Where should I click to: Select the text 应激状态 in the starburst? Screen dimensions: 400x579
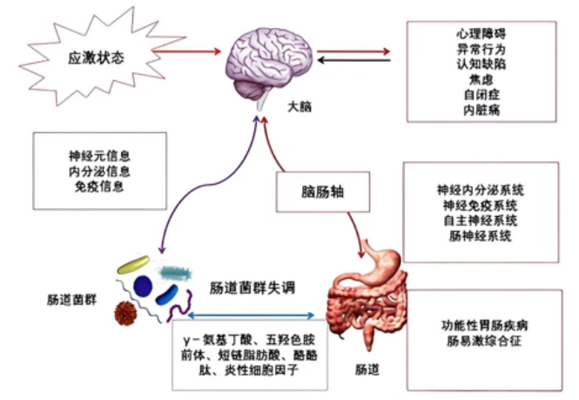[x=97, y=58]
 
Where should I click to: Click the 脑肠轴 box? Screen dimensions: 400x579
[x=314, y=189]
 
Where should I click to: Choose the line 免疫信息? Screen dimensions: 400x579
[x=100, y=186]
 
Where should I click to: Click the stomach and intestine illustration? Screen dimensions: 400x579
[x=370, y=296]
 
